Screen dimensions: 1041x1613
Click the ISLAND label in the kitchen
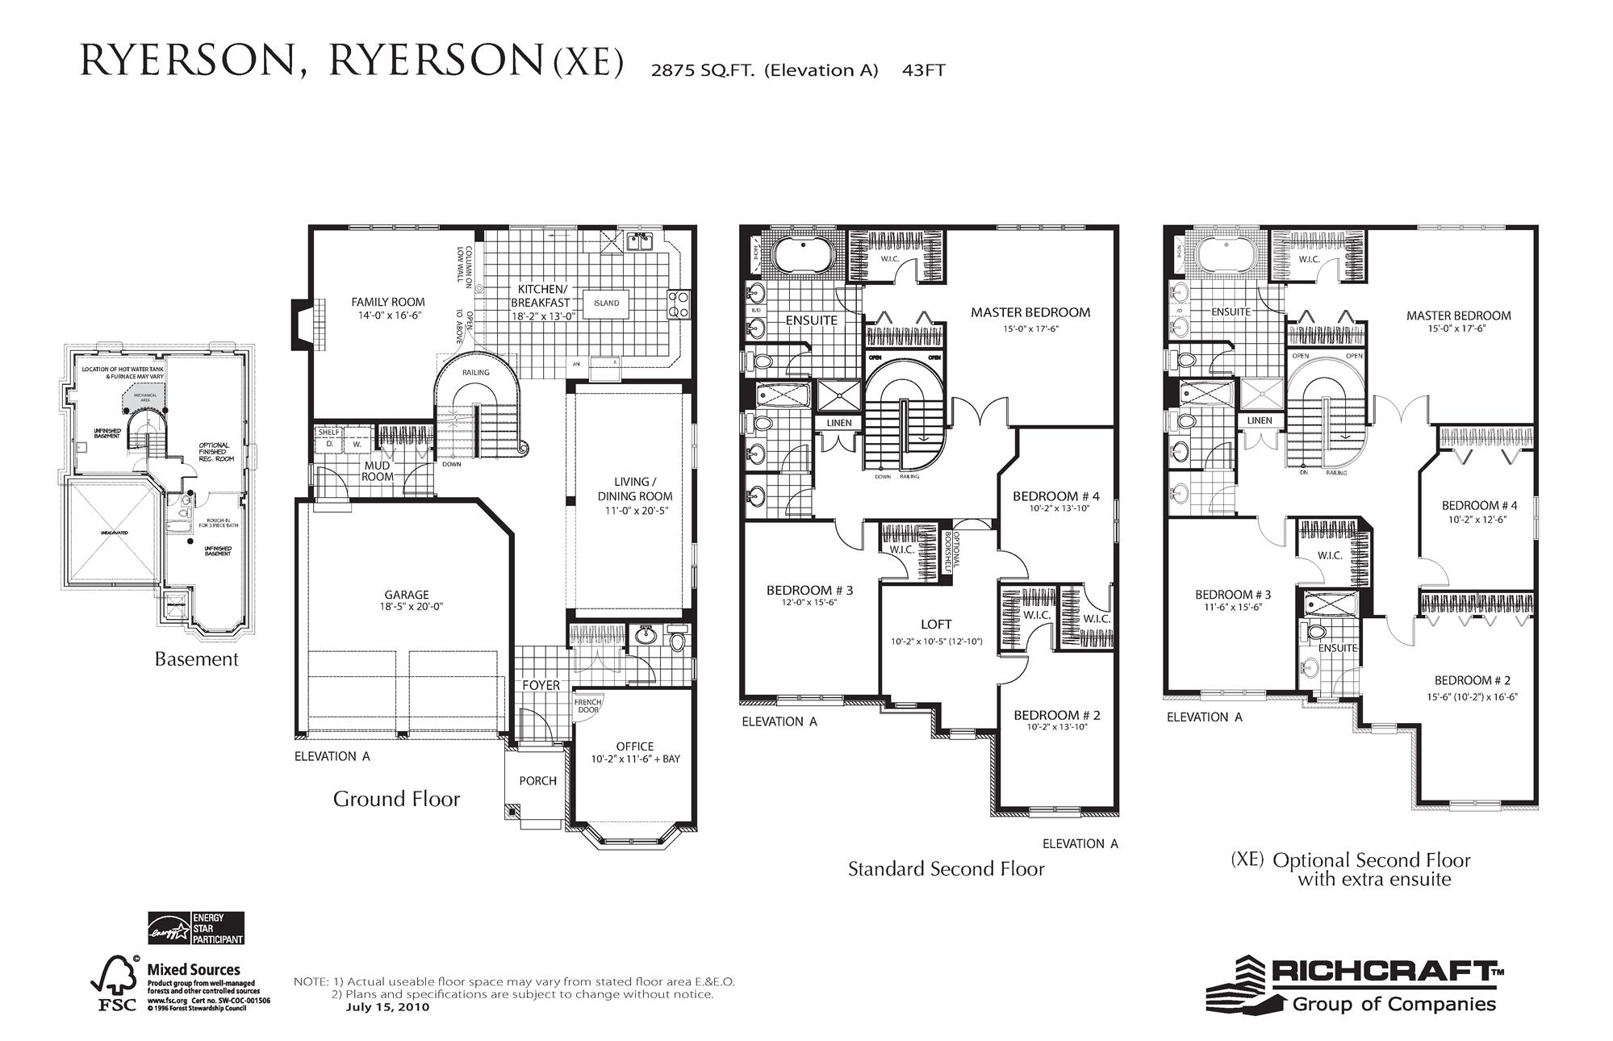click(606, 303)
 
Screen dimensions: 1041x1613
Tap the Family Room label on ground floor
click(387, 302)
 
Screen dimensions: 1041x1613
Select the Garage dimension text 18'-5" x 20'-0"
click(413, 607)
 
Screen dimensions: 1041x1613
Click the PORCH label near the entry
click(537, 780)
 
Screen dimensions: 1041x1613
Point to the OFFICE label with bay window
click(635, 746)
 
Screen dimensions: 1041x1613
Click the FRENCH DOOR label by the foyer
click(588, 705)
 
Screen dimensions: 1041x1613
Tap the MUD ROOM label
click(377, 470)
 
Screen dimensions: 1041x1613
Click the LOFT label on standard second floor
click(936, 624)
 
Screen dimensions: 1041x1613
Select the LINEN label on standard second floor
click(839, 423)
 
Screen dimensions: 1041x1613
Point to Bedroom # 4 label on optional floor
click(1479, 506)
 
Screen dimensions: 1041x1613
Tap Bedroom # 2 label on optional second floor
click(1473, 680)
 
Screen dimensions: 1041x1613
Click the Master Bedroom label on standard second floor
click(1030, 312)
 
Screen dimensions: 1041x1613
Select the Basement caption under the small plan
click(196, 658)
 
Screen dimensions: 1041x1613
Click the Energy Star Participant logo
click(195, 928)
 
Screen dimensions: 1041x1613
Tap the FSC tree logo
click(115, 984)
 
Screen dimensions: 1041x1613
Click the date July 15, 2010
click(387, 1007)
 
